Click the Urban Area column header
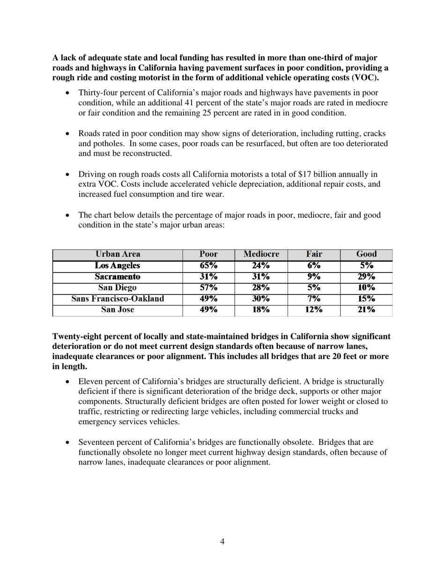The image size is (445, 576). coord(118,254)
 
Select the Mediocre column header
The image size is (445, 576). coord(261,254)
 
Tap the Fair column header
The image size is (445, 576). coord(314,254)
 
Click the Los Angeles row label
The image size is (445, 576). coord(118,266)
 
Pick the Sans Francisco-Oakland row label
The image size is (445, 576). coord(118,299)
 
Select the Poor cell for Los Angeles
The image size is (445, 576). coord(208,266)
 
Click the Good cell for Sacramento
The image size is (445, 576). coord(366,277)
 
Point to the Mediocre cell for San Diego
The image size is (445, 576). coord(261,288)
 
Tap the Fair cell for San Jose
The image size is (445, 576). coord(314,310)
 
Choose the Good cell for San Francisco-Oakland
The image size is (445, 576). coord(366,299)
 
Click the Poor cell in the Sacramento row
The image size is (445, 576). coord(208,277)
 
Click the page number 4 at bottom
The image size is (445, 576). coord(222,542)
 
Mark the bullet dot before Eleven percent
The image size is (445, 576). coord(68,382)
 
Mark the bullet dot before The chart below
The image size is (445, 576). coord(68,215)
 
